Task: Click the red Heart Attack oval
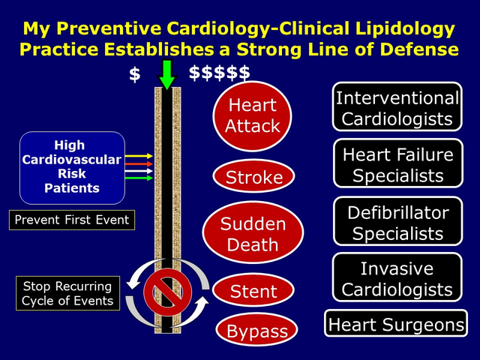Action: [x=253, y=115]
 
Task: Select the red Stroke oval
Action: [x=253, y=178]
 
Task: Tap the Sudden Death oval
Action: [x=253, y=234]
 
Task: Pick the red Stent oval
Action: [x=253, y=291]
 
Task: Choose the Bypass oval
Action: [x=257, y=329]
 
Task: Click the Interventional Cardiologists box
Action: [x=397, y=108]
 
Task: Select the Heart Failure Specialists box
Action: [x=397, y=165]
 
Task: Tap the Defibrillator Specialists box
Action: [x=397, y=222]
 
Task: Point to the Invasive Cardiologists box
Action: [x=397, y=278]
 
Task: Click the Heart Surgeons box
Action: [x=396, y=325]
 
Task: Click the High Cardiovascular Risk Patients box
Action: [x=72, y=167]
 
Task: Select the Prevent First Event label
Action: [x=72, y=220]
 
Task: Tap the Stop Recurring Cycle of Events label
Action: [x=67, y=293]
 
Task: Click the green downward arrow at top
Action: [x=166, y=74]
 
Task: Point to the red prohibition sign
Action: [x=166, y=289]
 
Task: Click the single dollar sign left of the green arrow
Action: [x=134, y=73]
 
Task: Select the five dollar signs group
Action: [x=219, y=73]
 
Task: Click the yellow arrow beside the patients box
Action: [x=139, y=156]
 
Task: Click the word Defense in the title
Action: [x=412, y=49]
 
